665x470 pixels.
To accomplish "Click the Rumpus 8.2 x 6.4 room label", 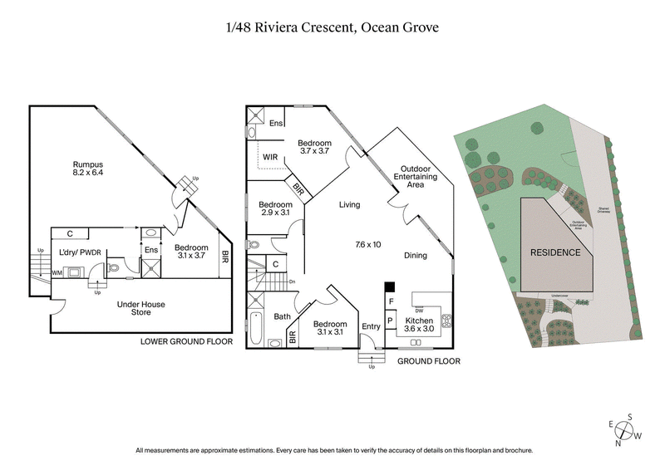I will click(x=86, y=170).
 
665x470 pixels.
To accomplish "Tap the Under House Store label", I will click(x=143, y=309).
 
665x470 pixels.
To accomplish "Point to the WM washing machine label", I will click(x=57, y=272).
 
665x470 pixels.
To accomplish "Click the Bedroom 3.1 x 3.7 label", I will click(x=192, y=252).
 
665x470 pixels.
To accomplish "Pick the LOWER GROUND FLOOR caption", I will click(x=185, y=341).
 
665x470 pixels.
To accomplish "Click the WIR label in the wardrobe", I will click(x=270, y=155).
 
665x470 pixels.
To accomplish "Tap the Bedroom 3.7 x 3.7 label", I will click(x=315, y=147).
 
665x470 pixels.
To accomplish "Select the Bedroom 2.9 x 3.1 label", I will click(x=275, y=209).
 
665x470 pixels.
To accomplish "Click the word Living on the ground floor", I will click(x=349, y=203).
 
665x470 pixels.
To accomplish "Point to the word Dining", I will click(x=416, y=255).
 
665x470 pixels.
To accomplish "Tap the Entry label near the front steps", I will click(x=371, y=326).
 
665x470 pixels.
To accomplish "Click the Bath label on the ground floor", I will click(x=282, y=316).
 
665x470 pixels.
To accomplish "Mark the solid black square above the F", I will click(x=389, y=288).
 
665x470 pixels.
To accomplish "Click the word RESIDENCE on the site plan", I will click(x=555, y=252).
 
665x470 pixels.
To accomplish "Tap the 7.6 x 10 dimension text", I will click(x=367, y=244).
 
